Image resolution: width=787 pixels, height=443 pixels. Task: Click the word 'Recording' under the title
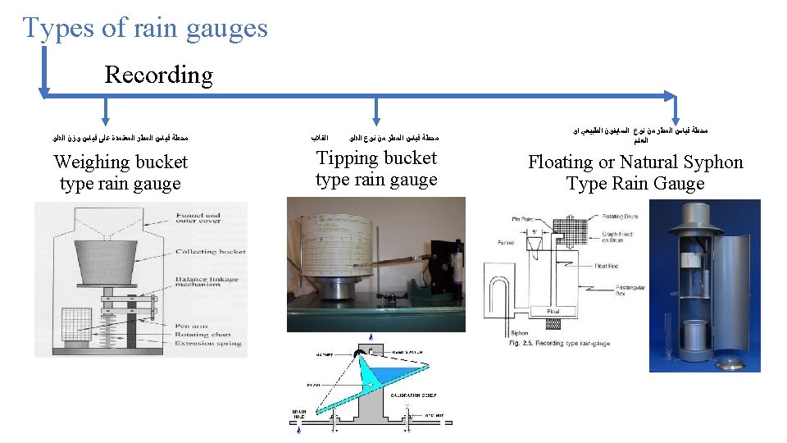click(158, 75)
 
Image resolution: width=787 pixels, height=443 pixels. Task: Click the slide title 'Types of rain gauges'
click(145, 28)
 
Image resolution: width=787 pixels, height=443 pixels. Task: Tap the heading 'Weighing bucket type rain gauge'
click(120, 172)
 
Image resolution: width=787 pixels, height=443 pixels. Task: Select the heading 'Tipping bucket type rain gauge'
click(376, 168)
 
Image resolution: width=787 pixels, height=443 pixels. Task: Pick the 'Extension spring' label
click(207, 343)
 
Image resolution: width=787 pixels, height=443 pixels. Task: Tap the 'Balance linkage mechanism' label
click(207, 281)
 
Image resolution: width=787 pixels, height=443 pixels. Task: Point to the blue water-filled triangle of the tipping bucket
click(373, 377)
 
